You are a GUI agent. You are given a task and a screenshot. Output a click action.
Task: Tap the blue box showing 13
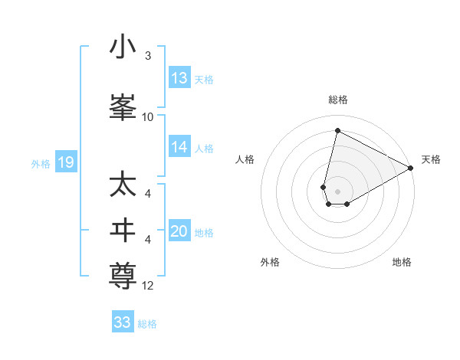click(179, 78)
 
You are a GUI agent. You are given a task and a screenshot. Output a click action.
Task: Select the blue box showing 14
click(179, 147)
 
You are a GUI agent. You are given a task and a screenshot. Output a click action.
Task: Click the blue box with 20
click(179, 232)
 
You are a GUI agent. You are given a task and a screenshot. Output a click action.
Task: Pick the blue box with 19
click(65, 162)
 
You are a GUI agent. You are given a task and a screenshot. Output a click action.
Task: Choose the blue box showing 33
click(123, 322)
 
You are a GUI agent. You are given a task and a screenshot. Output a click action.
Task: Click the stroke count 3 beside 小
click(148, 56)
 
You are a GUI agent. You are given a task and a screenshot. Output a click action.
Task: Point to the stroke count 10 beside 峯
click(148, 116)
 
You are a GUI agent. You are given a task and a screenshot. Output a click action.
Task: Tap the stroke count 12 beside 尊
click(148, 286)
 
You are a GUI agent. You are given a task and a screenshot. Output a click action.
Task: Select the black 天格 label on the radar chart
click(431, 159)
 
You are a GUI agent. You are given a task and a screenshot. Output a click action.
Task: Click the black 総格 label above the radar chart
click(338, 100)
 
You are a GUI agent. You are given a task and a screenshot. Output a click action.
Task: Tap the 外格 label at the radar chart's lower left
click(270, 262)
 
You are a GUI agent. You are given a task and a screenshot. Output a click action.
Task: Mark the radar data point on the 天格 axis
click(411, 169)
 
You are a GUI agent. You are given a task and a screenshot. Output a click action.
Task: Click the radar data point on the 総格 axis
click(337, 130)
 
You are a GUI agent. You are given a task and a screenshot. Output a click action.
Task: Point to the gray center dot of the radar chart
click(337, 191)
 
